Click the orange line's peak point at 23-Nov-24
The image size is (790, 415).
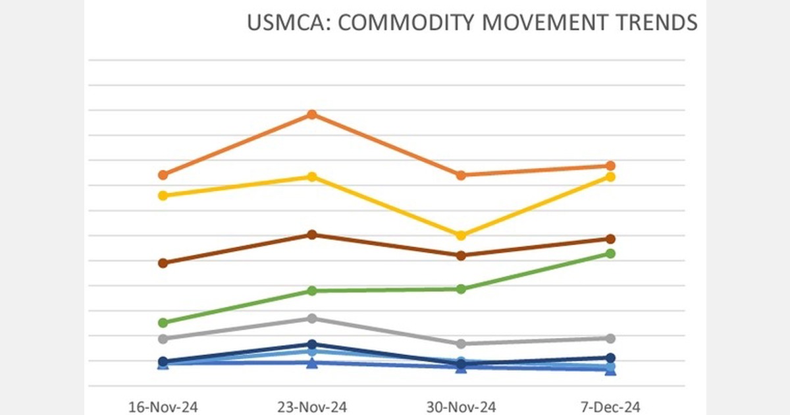click(x=312, y=115)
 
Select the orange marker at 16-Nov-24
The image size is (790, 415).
click(x=163, y=175)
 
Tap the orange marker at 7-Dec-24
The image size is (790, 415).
click(x=610, y=166)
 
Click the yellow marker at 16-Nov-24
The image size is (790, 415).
click(x=163, y=196)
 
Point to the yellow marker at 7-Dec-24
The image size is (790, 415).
click(x=610, y=177)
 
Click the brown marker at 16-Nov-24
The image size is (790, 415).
click(x=163, y=263)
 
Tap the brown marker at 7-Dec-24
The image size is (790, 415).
click(x=610, y=239)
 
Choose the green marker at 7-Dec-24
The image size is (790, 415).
click(x=610, y=254)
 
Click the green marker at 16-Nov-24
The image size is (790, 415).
click(x=163, y=323)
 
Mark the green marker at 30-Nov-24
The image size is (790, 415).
click(x=461, y=289)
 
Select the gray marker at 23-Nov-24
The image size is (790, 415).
click(x=312, y=319)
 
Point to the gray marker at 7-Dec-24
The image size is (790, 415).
click(x=610, y=339)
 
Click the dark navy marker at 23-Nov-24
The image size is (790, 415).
click(x=312, y=345)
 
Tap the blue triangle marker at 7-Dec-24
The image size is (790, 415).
click(x=610, y=371)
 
